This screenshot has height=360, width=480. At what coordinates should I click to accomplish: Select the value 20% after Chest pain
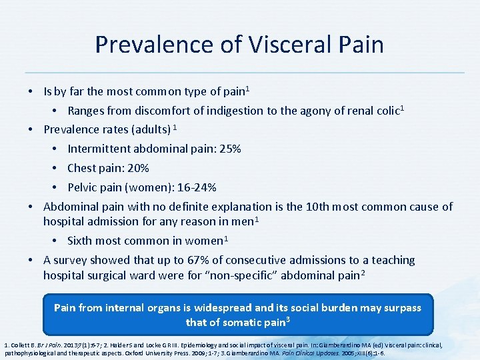point(137,168)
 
